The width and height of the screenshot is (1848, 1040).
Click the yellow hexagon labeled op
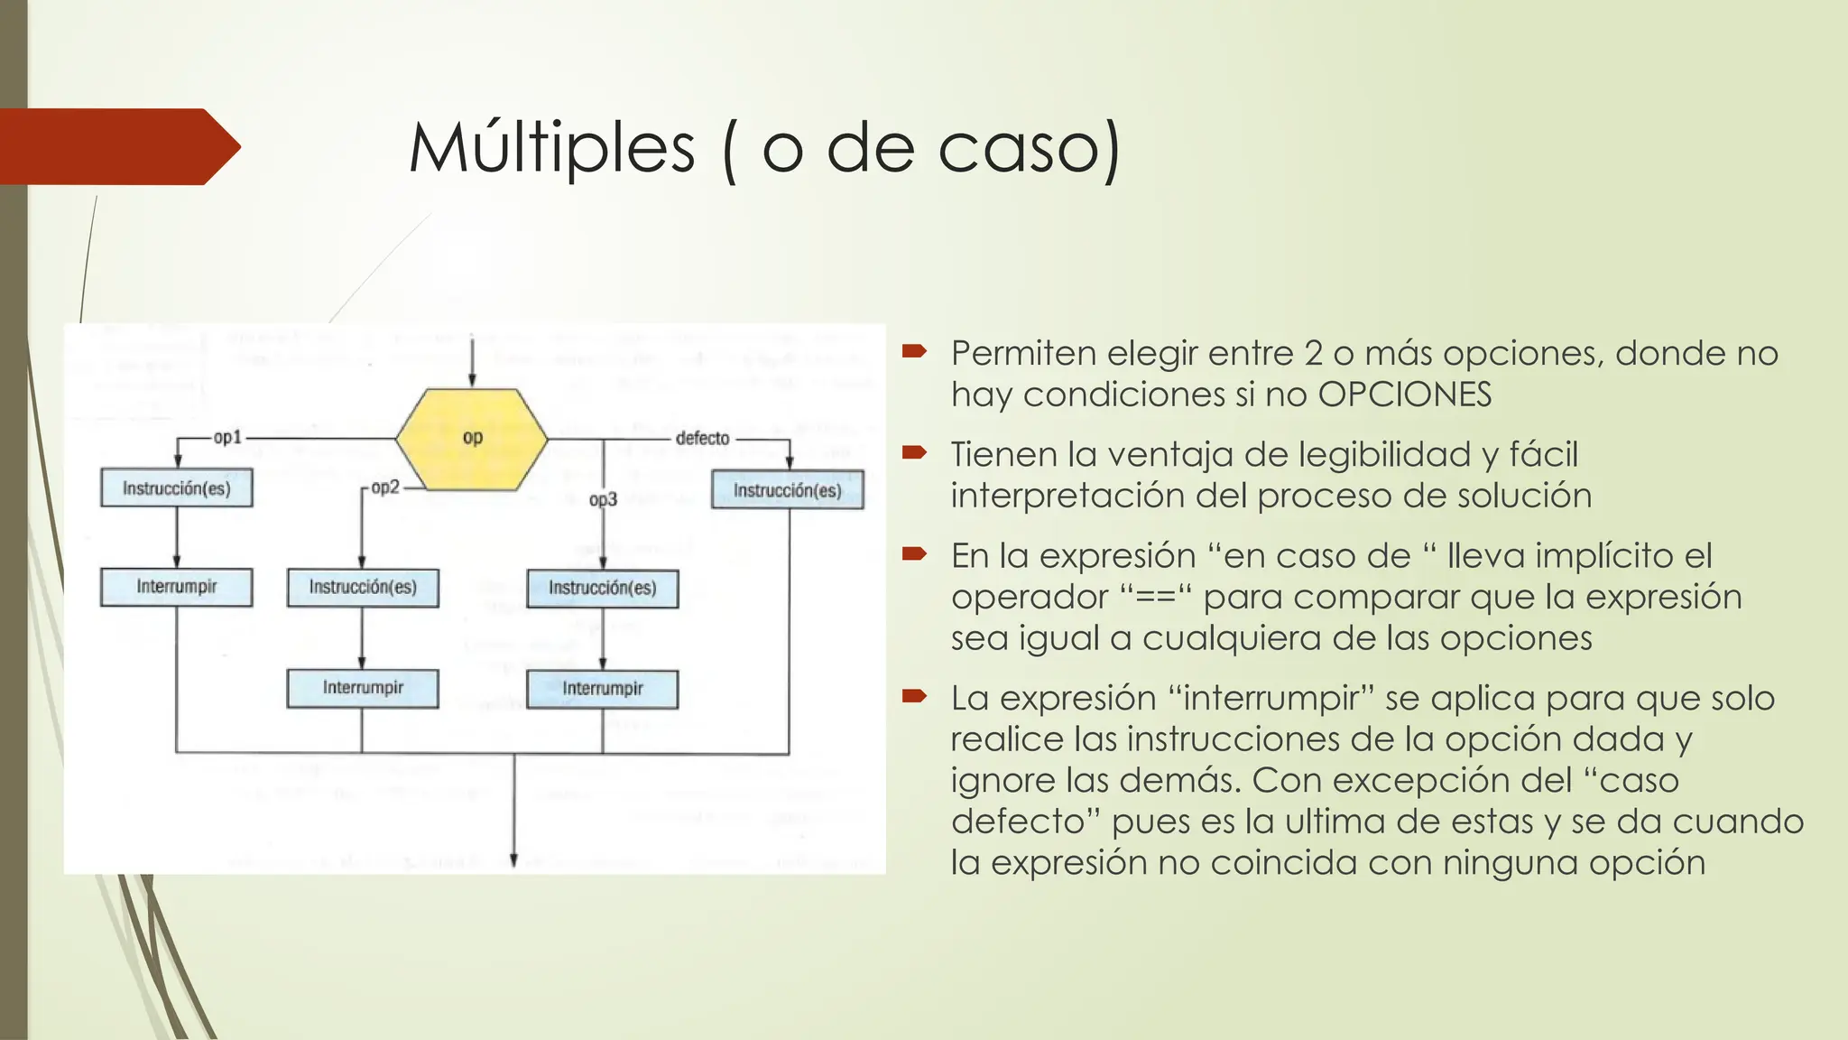click(x=472, y=439)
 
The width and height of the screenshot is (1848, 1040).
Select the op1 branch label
click(x=227, y=438)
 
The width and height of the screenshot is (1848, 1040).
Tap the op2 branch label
click(x=385, y=487)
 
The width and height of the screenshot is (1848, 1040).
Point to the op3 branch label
click(x=603, y=499)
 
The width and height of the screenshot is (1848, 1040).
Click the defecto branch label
click(x=702, y=439)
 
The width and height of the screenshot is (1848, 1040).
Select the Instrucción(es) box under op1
click(x=177, y=488)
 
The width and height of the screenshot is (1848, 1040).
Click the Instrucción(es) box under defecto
click(x=787, y=490)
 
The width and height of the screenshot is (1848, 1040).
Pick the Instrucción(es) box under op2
click(x=363, y=588)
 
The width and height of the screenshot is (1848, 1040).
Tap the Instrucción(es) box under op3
click(x=602, y=589)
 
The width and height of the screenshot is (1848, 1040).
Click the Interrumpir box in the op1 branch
click(x=177, y=587)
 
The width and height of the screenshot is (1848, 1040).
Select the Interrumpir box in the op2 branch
click(x=363, y=688)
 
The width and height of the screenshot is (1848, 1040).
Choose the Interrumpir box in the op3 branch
click(x=602, y=689)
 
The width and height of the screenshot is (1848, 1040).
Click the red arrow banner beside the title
click(x=117, y=146)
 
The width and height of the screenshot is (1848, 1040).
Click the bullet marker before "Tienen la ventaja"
click(x=914, y=451)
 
